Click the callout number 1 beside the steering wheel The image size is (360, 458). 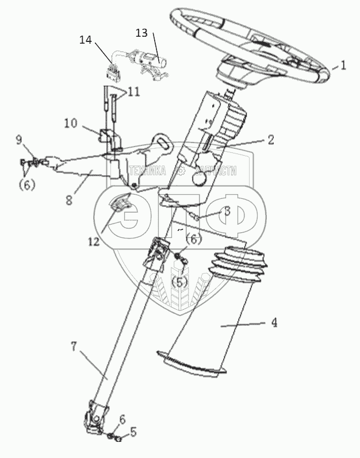coord(343,66)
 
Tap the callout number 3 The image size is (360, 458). coord(228,211)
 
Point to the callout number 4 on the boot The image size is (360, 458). coord(274,323)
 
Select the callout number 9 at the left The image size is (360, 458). coord(19,140)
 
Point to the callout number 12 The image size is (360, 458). coord(93,243)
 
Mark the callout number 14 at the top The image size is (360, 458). coord(85,40)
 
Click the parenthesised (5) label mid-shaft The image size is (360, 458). coord(182,282)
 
